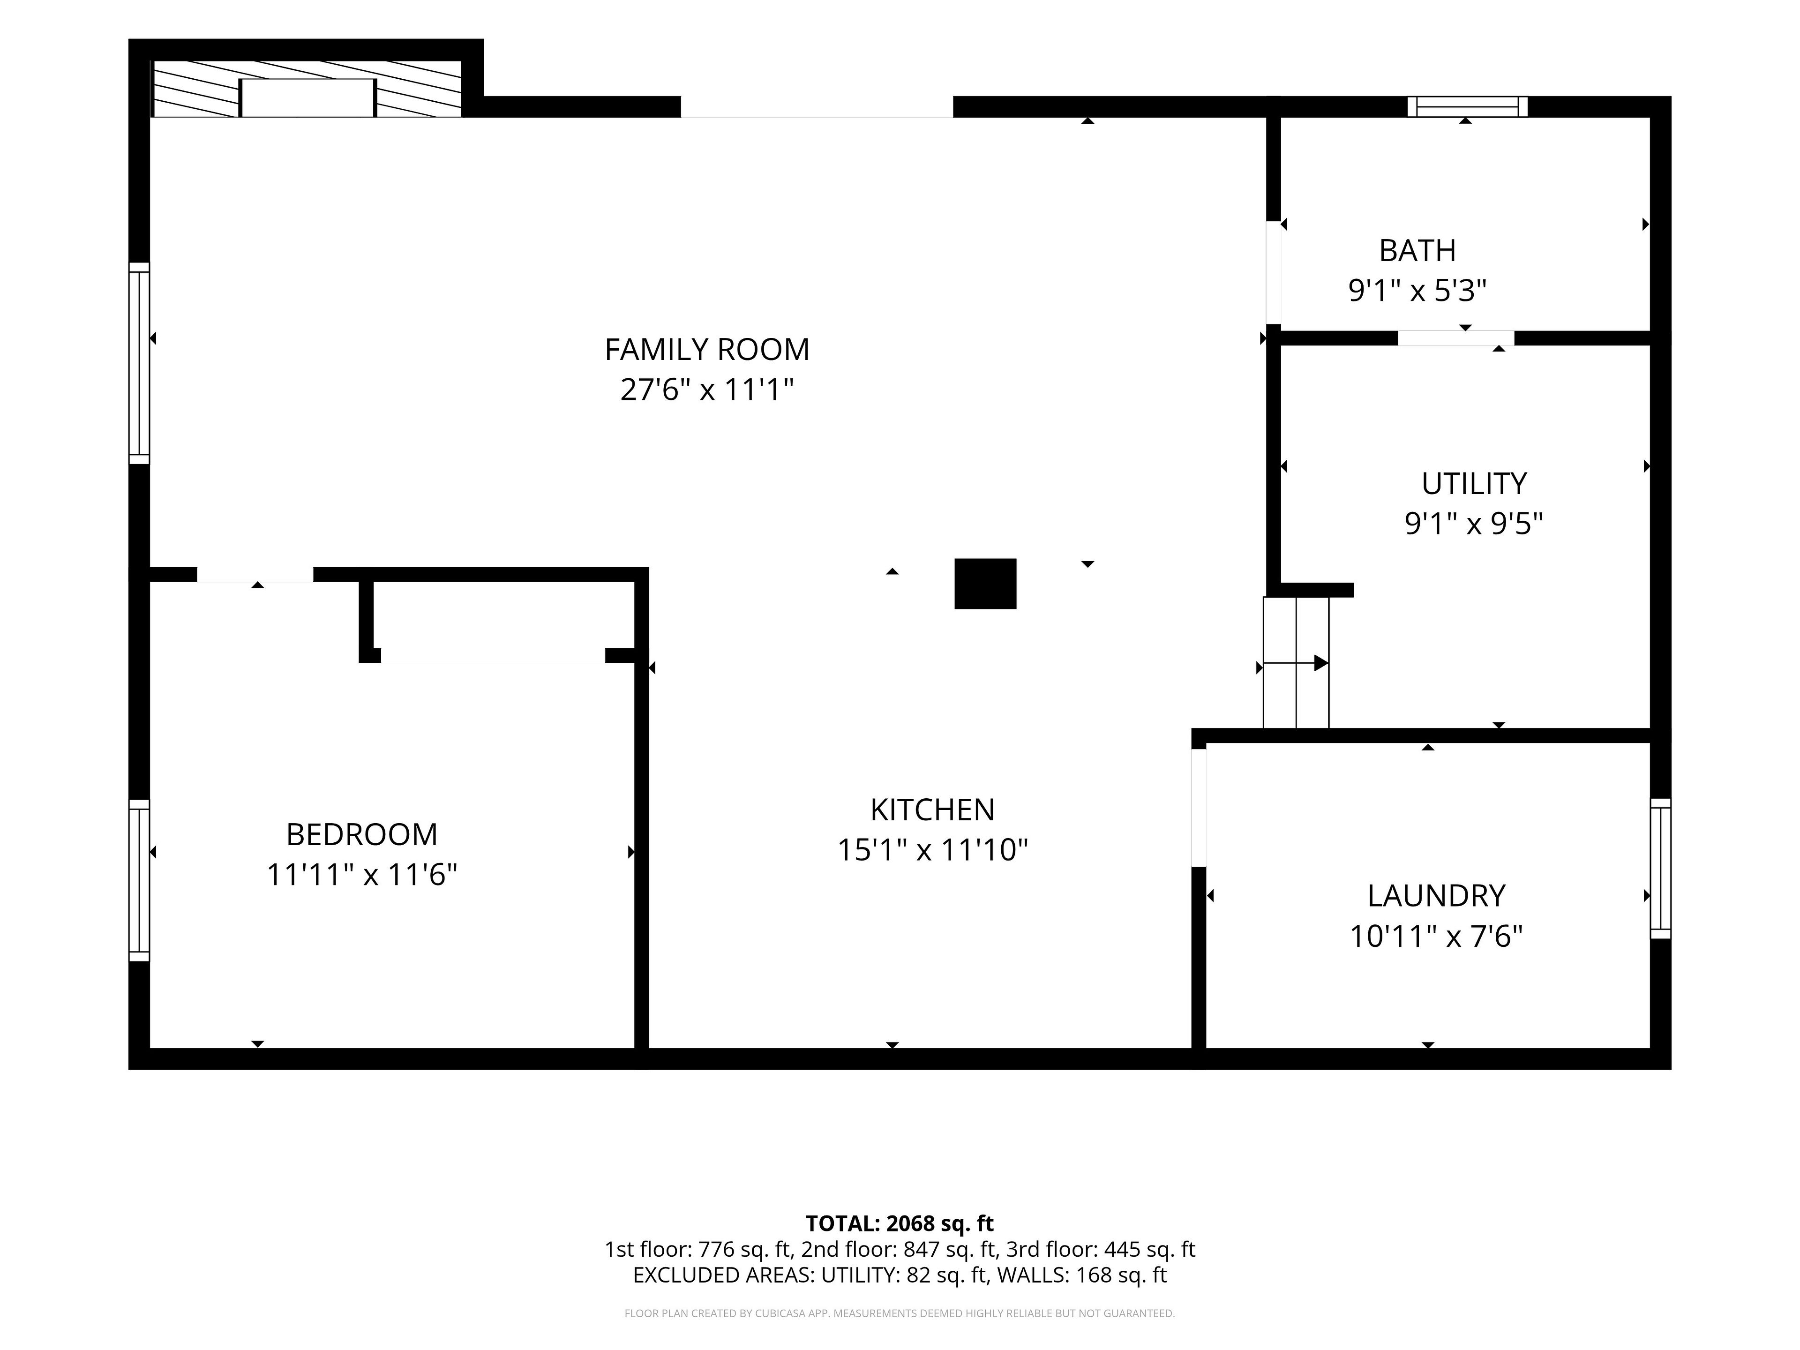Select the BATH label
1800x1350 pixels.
[x=1417, y=251]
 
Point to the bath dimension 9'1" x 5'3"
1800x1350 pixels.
[x=1417, y=291]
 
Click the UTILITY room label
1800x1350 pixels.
[x=1474, y=483]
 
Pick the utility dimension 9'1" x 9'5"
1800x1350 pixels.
[x=1474, y=523]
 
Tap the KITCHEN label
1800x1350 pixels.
[x=932, y=810]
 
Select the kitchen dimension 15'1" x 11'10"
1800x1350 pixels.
[x=932, y=850]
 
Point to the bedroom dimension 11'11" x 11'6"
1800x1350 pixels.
[x=362, y=875]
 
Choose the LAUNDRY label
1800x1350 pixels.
[x=1436, y=896]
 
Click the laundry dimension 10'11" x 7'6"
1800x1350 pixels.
[x=1436, y=937]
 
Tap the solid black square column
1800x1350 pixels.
[x=985, y=584]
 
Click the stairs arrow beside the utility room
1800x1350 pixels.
[x=1296, y=663]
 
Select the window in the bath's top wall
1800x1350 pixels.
[x=1467, y=106]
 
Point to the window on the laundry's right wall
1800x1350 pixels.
[x=1660, y=868]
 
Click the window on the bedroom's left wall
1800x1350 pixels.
[x=139, y=880]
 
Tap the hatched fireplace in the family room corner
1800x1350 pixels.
[x=307, y=89]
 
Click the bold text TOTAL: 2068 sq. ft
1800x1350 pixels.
[x=899, y=1223]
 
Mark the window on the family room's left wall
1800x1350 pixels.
[x=139, y=363]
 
